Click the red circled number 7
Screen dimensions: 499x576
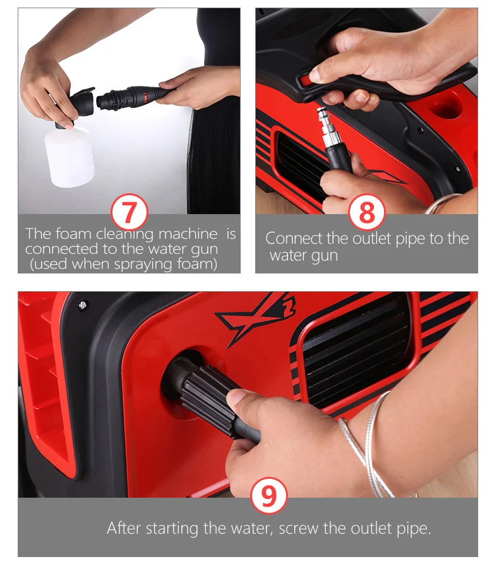(x=129, y=212)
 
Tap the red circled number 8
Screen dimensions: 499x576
(x=367, y=212)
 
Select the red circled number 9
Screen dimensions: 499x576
(x=268, y=496)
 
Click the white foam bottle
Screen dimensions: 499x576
(x=69, y=156)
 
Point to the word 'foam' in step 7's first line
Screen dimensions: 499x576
(x=73, y=234)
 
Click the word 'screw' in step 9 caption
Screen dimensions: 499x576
(x=299, y=529)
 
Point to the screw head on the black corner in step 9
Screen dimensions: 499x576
(x=83, y=304)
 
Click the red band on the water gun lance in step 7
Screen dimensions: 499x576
(x=145, y=96)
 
